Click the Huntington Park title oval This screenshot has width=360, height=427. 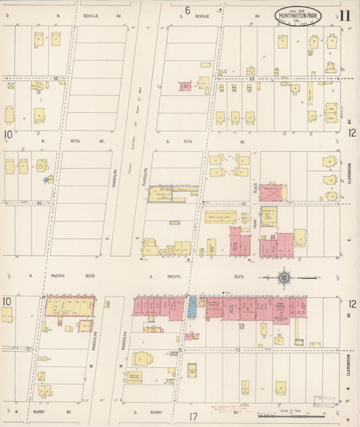(x=298, y=15)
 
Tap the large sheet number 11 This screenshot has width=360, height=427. (x=345, y=16)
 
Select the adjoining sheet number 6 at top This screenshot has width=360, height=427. (x=187, y=9)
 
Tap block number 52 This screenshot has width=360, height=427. (x=55, y=78)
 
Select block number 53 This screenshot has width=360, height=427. (x=251, y=78)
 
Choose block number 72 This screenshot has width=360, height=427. (x=29, y=349)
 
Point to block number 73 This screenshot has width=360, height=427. (x=238, y=350)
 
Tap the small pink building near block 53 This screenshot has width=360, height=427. (x=184, y=86)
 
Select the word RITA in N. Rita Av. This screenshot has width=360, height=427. (x=76, y=141)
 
